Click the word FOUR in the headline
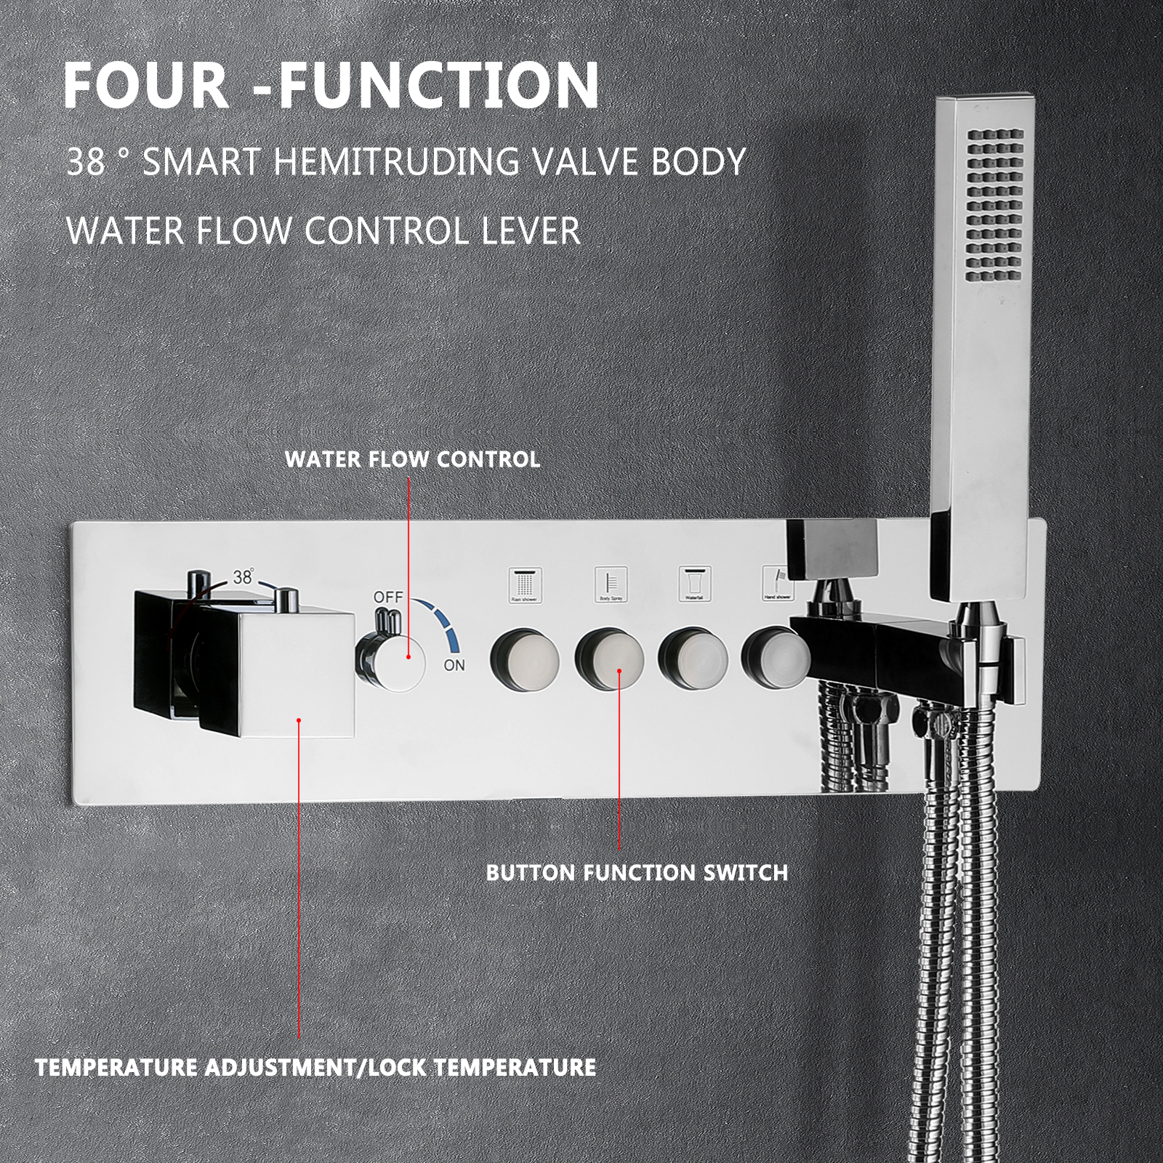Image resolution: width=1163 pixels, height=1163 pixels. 146,86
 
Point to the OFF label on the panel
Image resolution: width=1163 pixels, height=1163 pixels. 387,597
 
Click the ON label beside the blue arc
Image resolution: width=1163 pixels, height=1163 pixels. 454,665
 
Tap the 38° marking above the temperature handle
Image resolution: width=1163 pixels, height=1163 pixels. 244,577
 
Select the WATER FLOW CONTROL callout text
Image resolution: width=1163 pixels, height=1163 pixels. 412,459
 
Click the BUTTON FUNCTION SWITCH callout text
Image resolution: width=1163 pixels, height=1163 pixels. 637,872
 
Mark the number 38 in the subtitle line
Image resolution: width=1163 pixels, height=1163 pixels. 86,161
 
